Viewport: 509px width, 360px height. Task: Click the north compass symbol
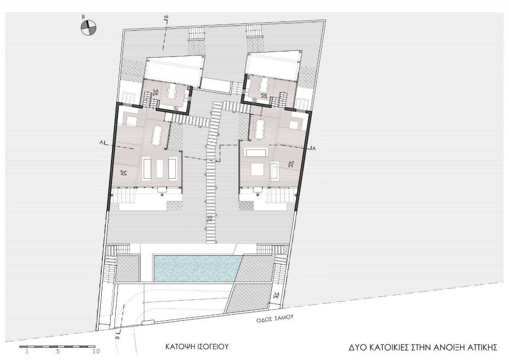click(x=88, y=27)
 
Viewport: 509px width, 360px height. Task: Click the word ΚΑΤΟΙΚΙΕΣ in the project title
click(x=384, y=347)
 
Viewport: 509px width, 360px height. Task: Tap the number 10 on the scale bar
click(x=96, y=351)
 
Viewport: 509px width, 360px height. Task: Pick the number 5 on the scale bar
click(x=58, y=351)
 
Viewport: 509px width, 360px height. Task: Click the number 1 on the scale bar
click(x=27, y=351)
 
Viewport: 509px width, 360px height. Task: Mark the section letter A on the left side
click(x=103, y=142)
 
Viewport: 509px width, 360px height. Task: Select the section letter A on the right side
click(x=314, y=148)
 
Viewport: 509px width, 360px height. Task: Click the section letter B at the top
click(x=165, y=16)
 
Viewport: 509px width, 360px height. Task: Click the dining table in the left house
click(x=156, y=135)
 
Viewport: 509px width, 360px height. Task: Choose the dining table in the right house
click(x=260, y=129)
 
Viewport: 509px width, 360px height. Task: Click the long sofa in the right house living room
click(x=257, y=152)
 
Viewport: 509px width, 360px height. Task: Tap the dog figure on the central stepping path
click(x=210, y=218)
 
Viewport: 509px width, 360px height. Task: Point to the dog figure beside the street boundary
click(x=277, y=295)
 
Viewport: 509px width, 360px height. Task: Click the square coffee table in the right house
click(x=257, y=169)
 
